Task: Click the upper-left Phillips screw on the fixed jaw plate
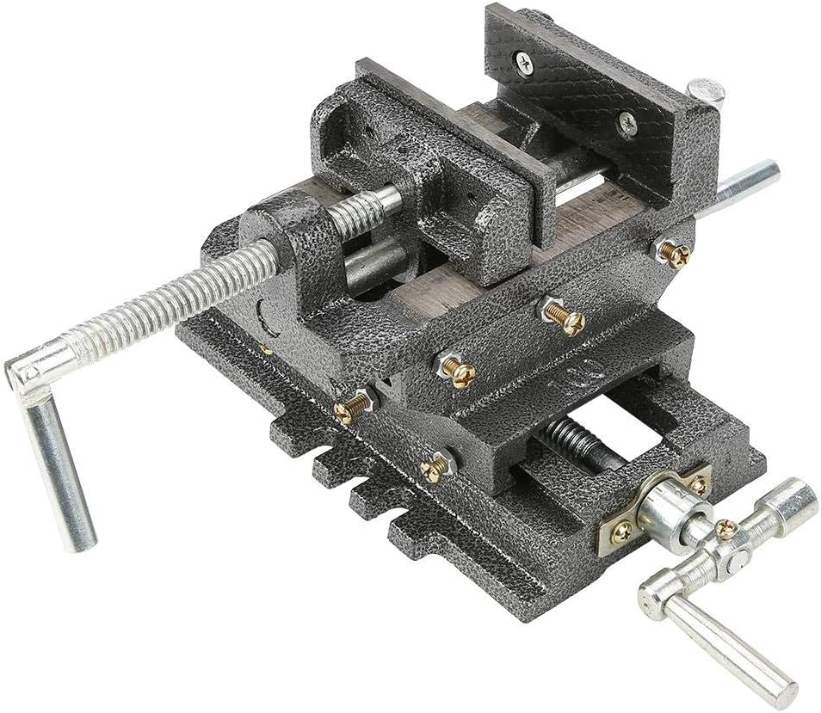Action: point(523,59)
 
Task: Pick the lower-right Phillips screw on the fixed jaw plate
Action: point(628,125)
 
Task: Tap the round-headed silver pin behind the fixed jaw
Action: point(706,89)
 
